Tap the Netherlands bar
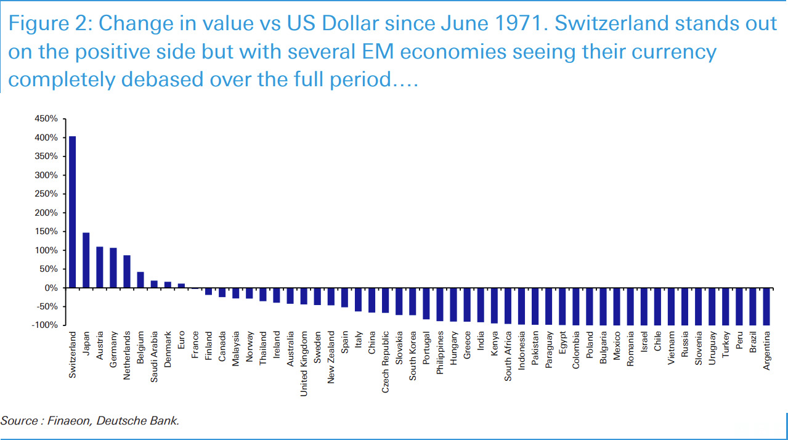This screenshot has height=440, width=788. coord(126,271)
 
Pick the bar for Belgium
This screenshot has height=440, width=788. coord(140,280)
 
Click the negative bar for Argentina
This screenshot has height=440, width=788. coord(766,306)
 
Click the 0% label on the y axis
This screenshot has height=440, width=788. coord(51,288)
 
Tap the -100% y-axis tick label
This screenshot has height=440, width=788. coord(46,325)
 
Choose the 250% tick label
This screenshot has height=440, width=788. coord(46,194)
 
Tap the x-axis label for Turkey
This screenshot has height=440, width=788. coord(726,344)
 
